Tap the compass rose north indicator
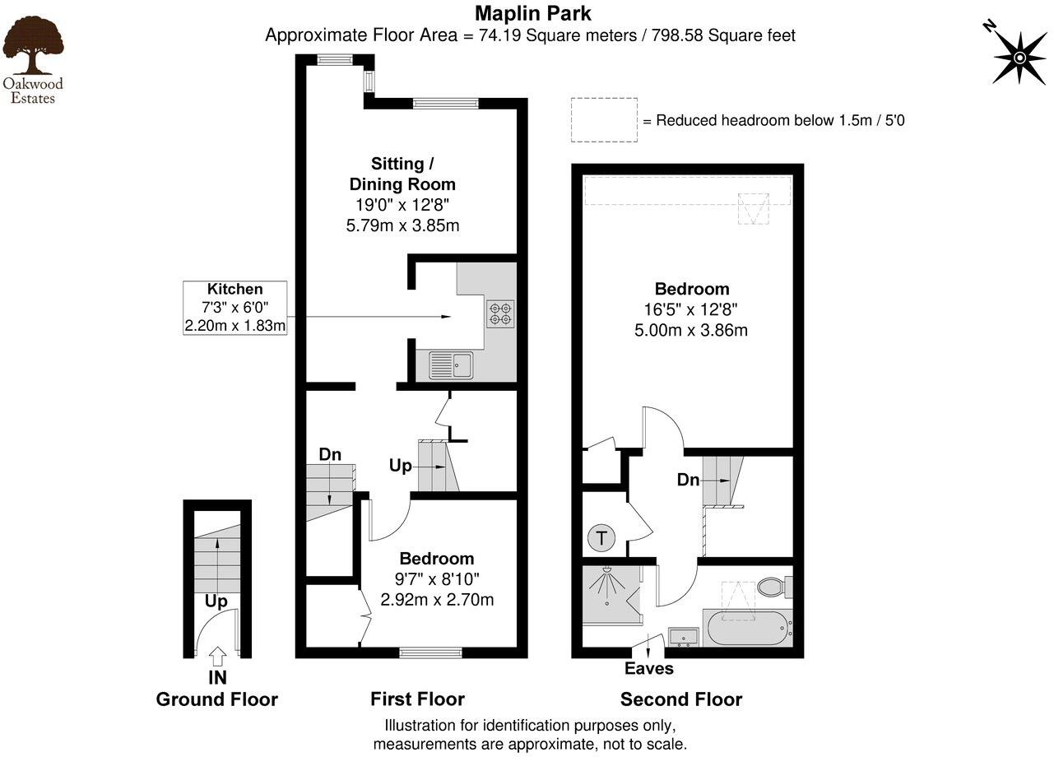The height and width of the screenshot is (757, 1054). coord(1019,57)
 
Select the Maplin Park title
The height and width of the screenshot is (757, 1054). coord(532,13)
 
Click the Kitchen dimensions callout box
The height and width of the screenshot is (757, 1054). coord(235,308)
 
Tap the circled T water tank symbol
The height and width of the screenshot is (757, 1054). coord(601,540)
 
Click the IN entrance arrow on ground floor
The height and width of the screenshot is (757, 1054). coord(216,656)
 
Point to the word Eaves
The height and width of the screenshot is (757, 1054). coord(649,668)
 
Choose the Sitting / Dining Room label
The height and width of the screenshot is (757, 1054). coord(402,174)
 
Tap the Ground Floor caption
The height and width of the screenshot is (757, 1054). coord(217,699)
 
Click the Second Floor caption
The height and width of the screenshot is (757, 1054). coord(681,699)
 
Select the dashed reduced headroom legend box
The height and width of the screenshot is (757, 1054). coord(605,120)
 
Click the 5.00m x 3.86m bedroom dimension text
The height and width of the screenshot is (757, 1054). coord(692,331)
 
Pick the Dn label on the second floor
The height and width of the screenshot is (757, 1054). coord(688,479)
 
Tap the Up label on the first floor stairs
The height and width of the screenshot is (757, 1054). coord(400,466)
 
